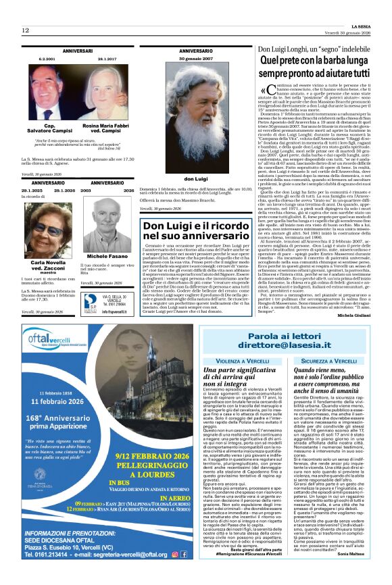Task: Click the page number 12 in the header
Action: point(25,30)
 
